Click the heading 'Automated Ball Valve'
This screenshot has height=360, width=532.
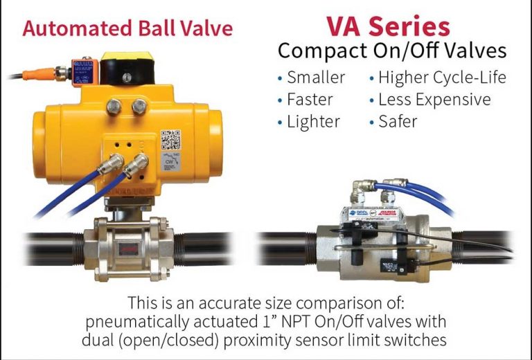pyautogui.click(x=127, y=28)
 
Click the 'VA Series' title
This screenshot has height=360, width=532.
pyautogui.click(x=388, y=26)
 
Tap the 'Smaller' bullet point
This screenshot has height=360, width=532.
pyautogui.click(x=315, y=77)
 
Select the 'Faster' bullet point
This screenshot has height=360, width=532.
pyautogui.click(x=310, y=99)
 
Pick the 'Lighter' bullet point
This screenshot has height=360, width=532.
pyautogui.click(x=313, y=122)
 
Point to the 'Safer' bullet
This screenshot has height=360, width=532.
pyautogui.click(x=398, y=122)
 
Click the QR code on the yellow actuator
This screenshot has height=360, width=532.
pyautogui.click(x=171, y=141)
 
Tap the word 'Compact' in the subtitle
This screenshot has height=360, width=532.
pyautogui.click(x=319, y=51)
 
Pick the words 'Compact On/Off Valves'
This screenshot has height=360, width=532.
pyautogui.click(x=392, y=51)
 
